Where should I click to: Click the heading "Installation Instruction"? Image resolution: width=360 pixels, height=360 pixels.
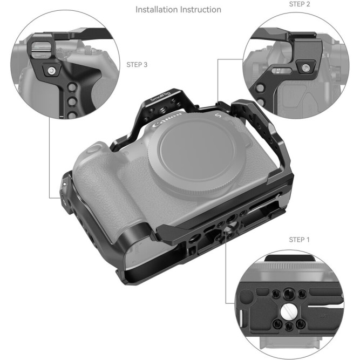tap(178, 10)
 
